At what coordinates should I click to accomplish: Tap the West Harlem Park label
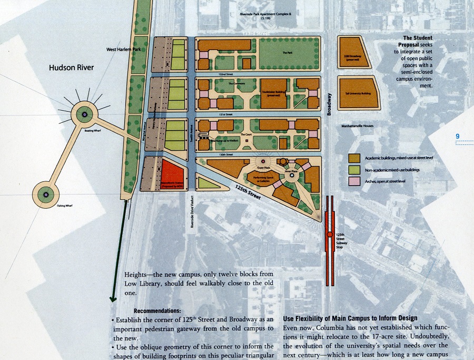pos(123,50)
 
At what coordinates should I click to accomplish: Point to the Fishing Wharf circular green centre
pos(46,194)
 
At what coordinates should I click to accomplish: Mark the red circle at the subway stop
pos(330,235)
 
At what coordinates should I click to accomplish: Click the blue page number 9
pos(458,137)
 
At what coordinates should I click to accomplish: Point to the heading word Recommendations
pos(157,311)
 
